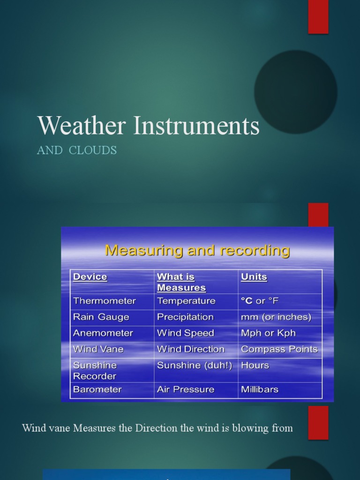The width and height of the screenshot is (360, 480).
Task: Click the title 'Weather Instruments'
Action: (x=148, y=126)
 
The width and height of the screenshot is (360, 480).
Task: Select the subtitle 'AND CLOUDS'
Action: (x=77, y=150)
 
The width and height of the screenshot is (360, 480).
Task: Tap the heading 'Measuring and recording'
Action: (x=197, y=250)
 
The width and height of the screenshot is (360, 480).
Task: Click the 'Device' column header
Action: (x=90, y=277)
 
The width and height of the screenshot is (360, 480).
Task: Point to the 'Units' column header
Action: (x=254, y=277)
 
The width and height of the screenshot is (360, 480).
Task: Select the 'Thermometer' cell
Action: (x=105, y=301)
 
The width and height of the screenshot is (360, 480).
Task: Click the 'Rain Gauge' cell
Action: (x=101, y=317)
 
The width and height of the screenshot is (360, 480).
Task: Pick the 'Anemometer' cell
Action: (x=103, y=333)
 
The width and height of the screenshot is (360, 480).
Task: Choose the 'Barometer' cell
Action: (x=97, y=390)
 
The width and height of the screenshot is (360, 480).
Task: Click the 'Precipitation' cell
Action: (x=185, y=317)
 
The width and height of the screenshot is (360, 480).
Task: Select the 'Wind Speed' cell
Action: (x=186, y=333)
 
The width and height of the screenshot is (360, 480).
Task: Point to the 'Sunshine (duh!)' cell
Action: (x=195, y=366)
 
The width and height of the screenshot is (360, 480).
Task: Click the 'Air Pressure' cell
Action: (x=186, y=390)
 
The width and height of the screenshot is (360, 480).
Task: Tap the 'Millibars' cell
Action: (x=260, y=390)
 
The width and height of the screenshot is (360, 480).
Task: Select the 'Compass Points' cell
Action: (x=279, y=349)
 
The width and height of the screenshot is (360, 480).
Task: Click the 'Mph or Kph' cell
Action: (x=268, y=333)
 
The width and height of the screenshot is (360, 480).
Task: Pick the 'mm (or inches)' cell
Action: (x=276, y=317)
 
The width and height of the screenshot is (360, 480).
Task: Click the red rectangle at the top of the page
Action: (x=318, y=17)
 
